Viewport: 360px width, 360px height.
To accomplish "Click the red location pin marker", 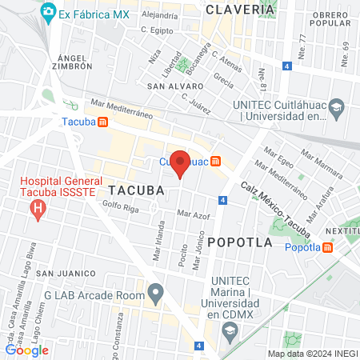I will coord(181,163).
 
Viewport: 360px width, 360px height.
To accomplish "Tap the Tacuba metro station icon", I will coord(103,122).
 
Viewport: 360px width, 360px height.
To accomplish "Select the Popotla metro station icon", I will coord(329,247).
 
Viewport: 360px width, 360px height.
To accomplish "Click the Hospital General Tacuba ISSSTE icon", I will coord(37,210).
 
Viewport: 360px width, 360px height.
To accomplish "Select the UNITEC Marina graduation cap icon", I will coord(230,333).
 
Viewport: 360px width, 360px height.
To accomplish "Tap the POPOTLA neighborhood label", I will coord(239,241).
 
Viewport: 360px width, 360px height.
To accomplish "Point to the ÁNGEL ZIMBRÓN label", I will coord(76,63).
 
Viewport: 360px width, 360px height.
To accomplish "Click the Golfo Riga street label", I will coord(120,206).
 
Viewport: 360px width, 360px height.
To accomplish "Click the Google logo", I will coord(27,350).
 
